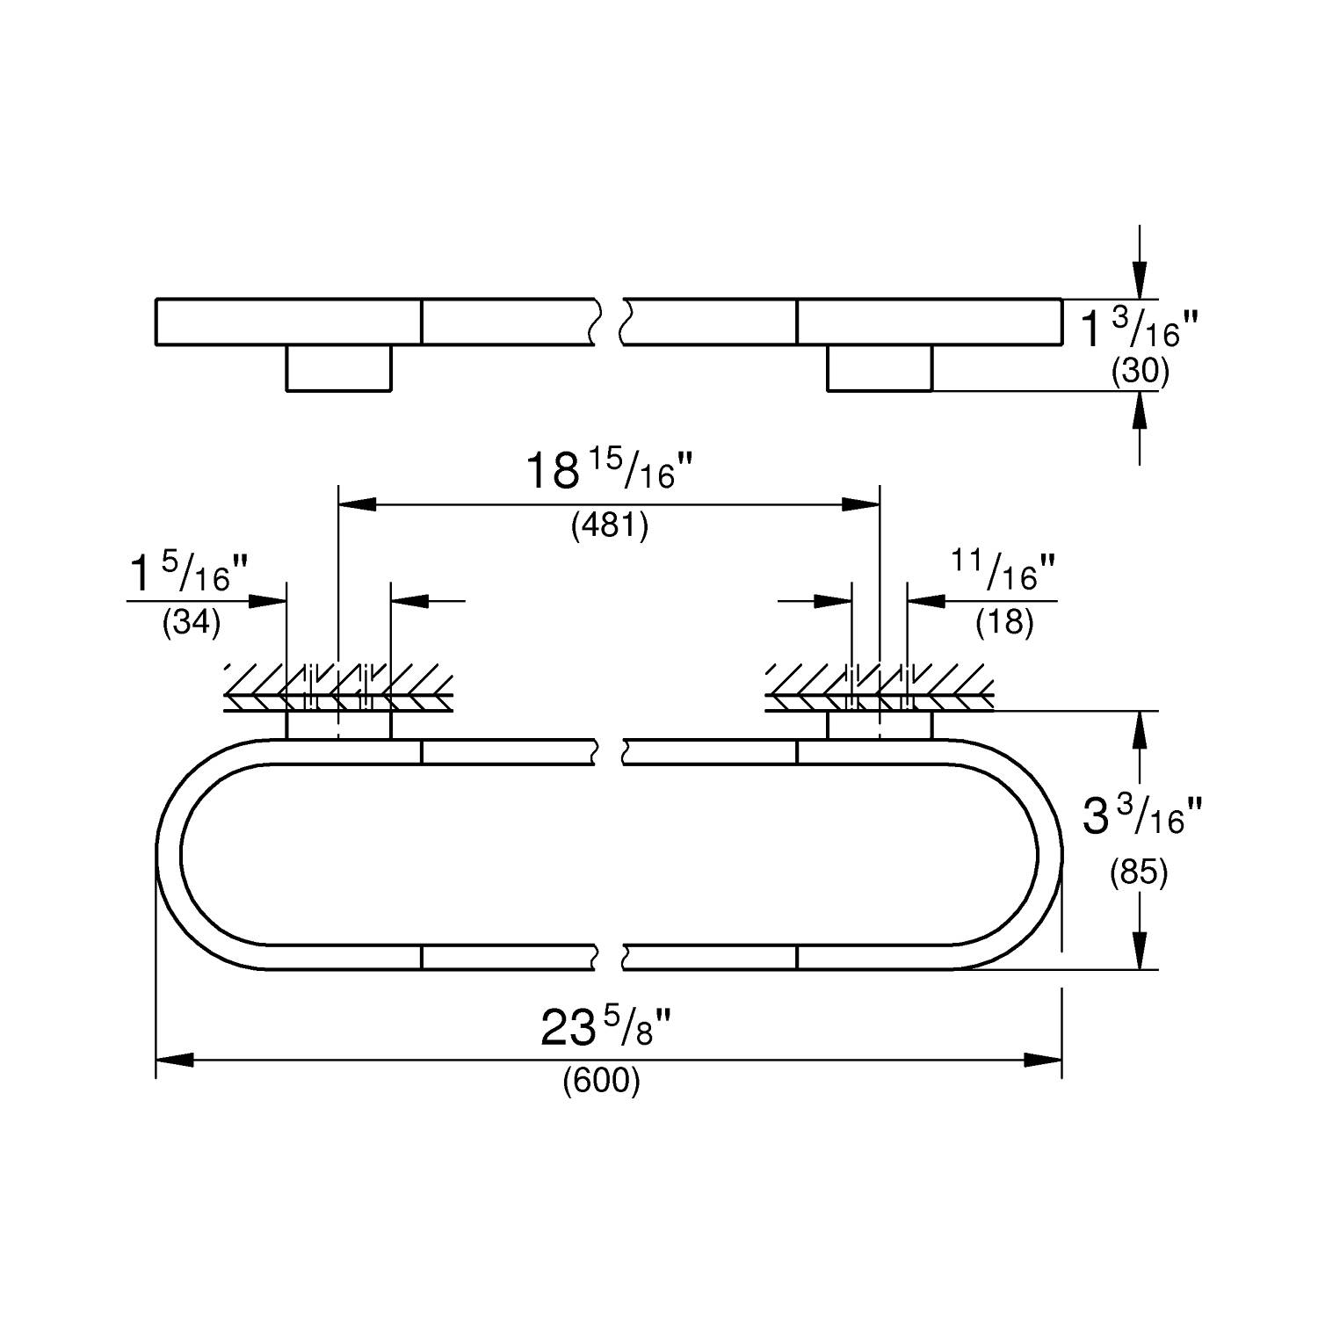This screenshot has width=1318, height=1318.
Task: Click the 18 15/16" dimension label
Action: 610,472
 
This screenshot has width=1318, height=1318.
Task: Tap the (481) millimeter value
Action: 610,526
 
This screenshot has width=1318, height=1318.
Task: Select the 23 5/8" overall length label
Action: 606,1028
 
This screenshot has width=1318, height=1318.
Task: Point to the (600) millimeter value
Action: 602,1081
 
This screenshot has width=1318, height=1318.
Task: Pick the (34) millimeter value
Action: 192,623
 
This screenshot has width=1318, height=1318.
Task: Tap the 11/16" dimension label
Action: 1004,572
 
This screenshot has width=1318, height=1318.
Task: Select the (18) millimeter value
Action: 1004,623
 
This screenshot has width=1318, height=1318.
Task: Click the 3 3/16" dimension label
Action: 1141,817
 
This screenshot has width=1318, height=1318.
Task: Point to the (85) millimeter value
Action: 1139,873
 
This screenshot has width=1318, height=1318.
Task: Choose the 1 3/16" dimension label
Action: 1139,329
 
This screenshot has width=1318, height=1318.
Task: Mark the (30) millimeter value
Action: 1141,373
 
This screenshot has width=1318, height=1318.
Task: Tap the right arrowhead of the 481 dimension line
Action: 861,504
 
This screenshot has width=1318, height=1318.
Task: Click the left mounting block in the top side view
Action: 338,368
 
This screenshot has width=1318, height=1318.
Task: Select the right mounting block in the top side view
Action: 880,368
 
